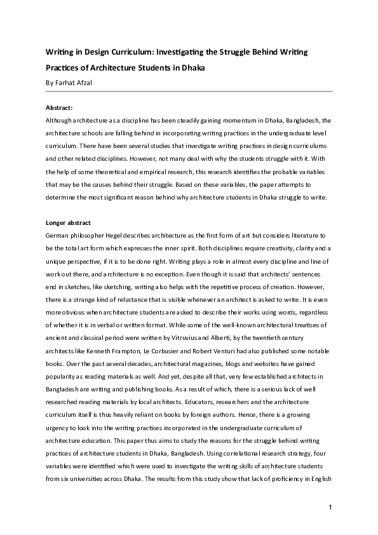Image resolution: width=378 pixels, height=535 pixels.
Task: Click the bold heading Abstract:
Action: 60,108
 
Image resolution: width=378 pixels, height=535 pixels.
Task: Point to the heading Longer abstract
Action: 69,223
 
